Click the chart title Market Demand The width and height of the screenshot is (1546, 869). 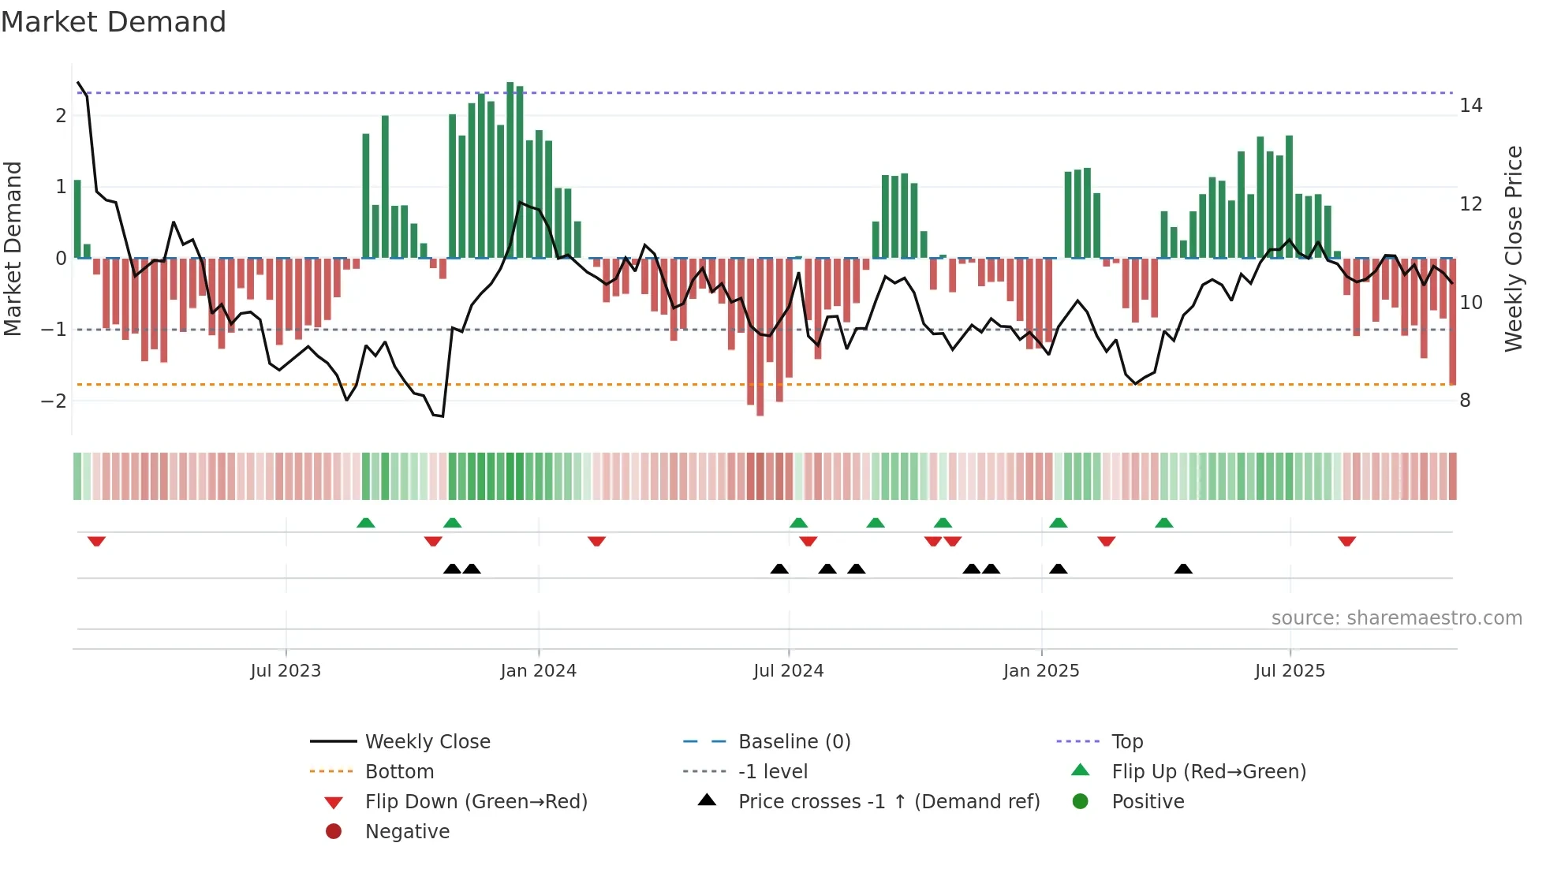coord(114,22)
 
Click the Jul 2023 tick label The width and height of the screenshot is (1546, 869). coord(286,671)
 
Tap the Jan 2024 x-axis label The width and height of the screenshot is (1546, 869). coord(538,671)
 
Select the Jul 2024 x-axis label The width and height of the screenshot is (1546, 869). coord(788,671)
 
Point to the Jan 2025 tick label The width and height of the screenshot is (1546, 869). coord(1040,671)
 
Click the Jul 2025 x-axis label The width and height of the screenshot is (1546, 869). coord(1290,671)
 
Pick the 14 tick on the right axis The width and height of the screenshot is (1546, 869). coord(1470,106)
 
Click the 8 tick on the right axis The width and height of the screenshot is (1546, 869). coord(1465,401)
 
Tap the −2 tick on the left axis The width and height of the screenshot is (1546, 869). coord(54,401)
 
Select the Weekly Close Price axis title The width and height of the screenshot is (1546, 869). coord(1513,248)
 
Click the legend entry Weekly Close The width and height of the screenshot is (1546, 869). coord(427,742)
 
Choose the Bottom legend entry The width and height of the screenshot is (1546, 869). coord(399,772)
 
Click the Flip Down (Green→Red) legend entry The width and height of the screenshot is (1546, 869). coord(476,802)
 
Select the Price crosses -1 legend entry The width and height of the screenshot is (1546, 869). coord(888,802)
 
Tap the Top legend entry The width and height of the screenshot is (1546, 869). coord(1126,742)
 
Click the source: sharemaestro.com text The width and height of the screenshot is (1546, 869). coord(1396,618)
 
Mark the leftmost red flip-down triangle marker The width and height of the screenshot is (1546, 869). coord(96,541)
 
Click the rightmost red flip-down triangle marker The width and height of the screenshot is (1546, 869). coord(1346,541)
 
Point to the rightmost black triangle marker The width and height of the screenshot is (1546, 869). coord(1183,569)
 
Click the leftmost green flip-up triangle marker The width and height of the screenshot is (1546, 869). coord(365,523)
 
